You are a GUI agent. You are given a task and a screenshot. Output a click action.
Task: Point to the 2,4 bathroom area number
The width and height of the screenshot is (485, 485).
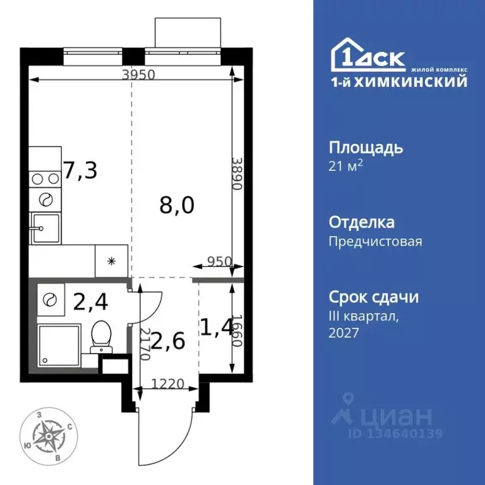(x=90, y=302)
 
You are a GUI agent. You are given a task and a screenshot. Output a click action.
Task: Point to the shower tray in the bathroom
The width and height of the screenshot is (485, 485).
(x=59, y=345)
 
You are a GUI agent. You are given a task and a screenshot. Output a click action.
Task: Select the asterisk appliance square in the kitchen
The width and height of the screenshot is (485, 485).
(x=111, y=260)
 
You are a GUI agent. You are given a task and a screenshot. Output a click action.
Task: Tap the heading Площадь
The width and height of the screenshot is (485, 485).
(x=366, y=148)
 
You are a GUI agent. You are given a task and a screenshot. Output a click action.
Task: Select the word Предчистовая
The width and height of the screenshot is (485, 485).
(x=375, y=241)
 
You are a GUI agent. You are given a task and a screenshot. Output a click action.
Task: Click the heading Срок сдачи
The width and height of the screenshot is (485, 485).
(x=374, y=297)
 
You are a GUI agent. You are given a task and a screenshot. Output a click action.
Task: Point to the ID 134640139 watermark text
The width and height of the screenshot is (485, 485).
(x=396, y=434)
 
